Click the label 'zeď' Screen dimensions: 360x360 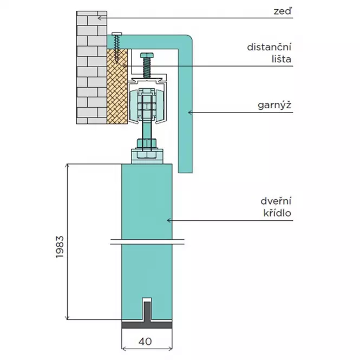pyautogui.click(x=283, y=11)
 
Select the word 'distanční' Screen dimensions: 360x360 pyautogui.click(x=269, y=47)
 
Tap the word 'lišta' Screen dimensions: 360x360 pyautogui.click(x=282, y=59)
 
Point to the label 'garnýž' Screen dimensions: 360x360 pyautogui.click(x=274, y=106)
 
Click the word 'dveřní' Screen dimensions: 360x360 pyautogui.click(x=276, y=201)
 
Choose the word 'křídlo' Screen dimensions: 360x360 pyautogui.click(x=277, y=213)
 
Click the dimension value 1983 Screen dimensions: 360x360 pyautogui.click(x=60, y=247)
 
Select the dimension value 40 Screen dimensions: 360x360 pyautogui.click(x=145, y=342)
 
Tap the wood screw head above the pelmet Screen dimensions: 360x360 pyautogui.click(x=117, y=34)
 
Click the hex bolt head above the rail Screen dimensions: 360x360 pyautogui.click(x=147, y=55)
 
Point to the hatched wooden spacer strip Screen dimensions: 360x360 pyautogui.click(x=117, y=86)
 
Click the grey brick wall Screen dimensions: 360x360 pyautogui.click(x=91, y=68)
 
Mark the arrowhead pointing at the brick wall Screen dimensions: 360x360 pyautogui.click(x=100, y=18)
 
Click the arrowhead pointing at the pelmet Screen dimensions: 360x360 pyautogui.click(x=190, y=112)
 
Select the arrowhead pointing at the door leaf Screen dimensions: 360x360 pyautogui.click(x=169, y=220)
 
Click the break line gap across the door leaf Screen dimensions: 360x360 pyautogui.click(x=147, y=242)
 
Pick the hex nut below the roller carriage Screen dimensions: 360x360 pyautogui.click(x=147, y=143)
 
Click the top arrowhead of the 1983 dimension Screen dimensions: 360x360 pyautogui.click(x=67, y=166)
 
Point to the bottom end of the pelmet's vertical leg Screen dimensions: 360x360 pyautogui.click(x=185, y=173)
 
